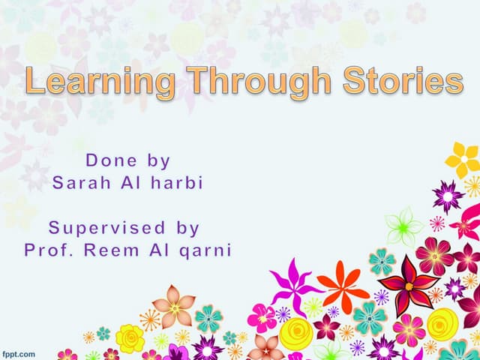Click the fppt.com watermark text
[18, 352]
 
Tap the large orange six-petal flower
[342, 286]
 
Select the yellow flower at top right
[462, 159]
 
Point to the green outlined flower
[403, 224]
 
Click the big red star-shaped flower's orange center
[408, 284]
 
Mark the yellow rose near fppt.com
[130, 338]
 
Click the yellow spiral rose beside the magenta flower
[296, 332]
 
